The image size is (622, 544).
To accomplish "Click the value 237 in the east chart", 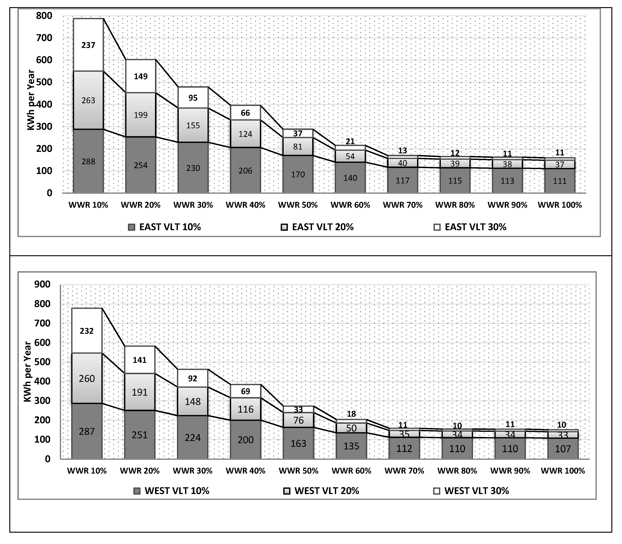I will click(x=88, y=45).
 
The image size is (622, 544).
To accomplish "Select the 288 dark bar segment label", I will click(x=88, y=162).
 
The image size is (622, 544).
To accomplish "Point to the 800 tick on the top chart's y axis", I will click(x=44, y=16).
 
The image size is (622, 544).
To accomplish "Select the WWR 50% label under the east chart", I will click(x=298, y=205).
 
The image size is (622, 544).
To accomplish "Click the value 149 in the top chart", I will click(x=141, y=76).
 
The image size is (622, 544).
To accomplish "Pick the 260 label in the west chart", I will click(x=87, y=379).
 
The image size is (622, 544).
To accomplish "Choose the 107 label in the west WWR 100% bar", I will click(x=563, y=449).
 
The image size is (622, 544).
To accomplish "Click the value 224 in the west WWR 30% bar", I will click(x=193, y=438).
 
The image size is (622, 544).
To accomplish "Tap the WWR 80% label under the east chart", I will click(x=455, y=205).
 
